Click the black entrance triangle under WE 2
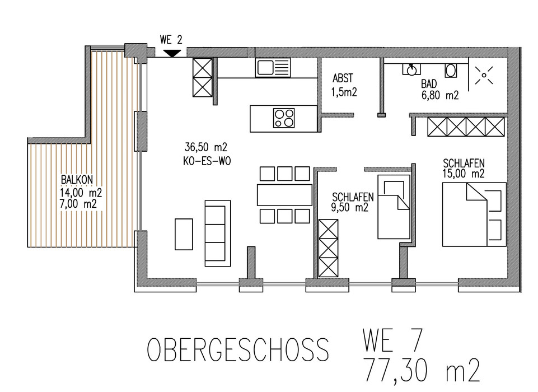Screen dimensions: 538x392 (172, 53)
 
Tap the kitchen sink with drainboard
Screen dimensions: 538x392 (273, 67)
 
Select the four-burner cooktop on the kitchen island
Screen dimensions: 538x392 (284, 118)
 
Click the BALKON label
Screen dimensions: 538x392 (77, 180)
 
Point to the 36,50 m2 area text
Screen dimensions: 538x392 (206, 147)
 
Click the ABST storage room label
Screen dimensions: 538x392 (343, 78)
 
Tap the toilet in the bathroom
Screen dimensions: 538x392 (451, 71)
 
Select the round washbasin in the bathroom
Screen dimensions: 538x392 (411, 69)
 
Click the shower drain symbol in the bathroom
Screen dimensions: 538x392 (484, 75)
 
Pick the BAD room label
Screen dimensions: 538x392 (429, 84)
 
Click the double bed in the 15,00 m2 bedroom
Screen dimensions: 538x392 (474, 214)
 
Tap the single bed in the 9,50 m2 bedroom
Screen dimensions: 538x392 (394, 207)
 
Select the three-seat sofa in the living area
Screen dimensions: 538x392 (218, 234)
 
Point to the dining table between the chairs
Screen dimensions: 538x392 (284, 195)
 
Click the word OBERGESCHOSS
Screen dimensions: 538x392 (238, 349)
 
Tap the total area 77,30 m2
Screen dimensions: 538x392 (422, 371)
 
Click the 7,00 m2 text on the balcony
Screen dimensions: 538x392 (78, 204)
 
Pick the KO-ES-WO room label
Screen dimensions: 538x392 (207, 161)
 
